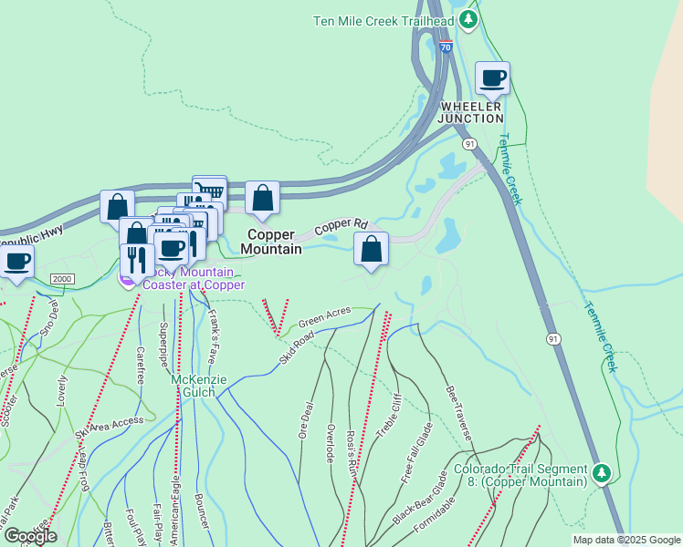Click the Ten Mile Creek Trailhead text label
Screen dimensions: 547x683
click(384, 20)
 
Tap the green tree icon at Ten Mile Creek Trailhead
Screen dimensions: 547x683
click(468, 18)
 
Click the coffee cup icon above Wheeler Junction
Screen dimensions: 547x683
click(492, 78)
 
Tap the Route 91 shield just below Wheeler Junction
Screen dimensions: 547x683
click(469, 144)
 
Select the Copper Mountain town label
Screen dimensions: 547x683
click(272, 241)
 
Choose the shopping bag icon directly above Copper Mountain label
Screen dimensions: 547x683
click(262, 198)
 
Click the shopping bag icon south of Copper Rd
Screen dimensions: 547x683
click(371, 249)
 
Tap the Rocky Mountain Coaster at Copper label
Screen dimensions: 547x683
click(188, 277)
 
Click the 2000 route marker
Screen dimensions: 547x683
click(62, 279)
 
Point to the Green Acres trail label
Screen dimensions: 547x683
click(324, 315)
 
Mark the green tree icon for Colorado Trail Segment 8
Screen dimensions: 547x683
click(601, 473)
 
